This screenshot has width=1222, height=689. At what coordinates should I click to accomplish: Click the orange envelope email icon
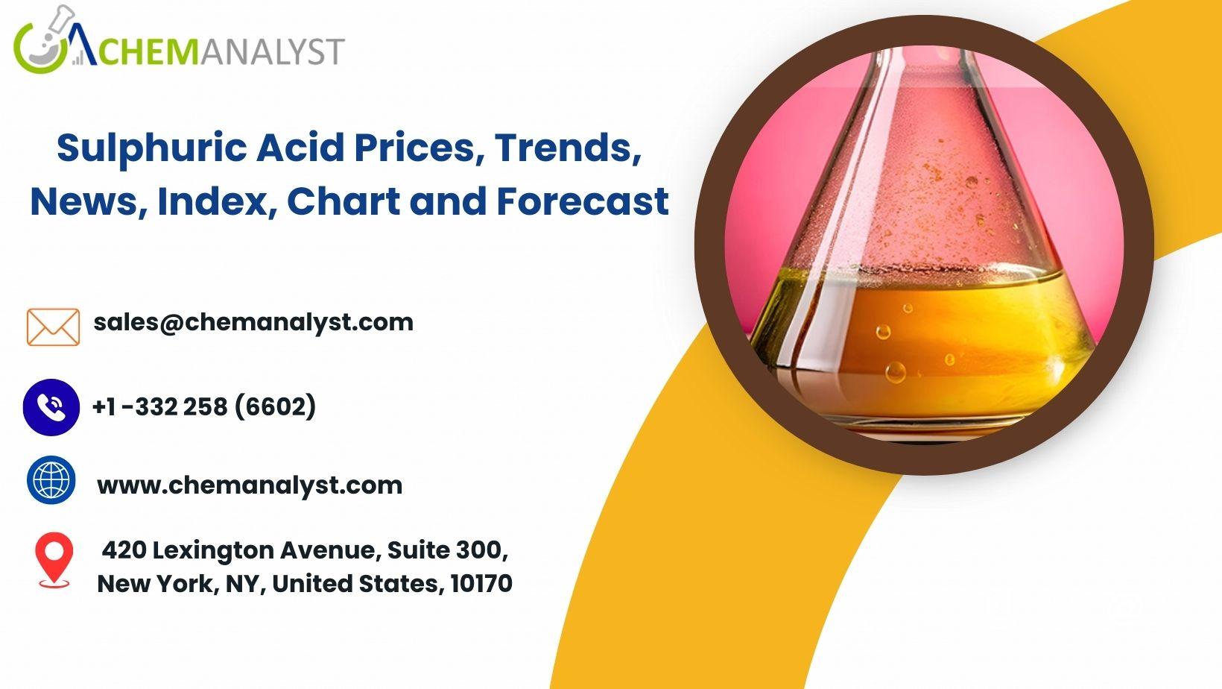[x=53, y=327]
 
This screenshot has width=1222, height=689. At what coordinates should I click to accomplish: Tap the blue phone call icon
[x=51, y=407]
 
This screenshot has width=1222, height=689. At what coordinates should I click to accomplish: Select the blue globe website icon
[x=51, y=480]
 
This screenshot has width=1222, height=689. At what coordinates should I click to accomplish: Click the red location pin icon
[x=54, y=560]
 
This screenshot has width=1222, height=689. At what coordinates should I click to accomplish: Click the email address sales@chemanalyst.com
[x=253, y=322]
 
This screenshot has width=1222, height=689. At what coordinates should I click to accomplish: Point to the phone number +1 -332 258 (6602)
[x=205, y=406]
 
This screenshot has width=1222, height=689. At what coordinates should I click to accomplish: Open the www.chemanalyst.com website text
[x=250, y=485]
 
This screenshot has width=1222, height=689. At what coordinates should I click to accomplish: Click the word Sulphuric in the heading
[x=152, y=148]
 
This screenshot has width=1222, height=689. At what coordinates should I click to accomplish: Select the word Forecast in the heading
[x=583, y=201]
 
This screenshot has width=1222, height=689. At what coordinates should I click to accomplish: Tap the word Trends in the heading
[x=568, y=148]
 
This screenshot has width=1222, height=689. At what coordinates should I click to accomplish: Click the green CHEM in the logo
[x=148, y=51]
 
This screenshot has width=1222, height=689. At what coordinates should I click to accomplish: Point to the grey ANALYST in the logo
[x=272, y=51]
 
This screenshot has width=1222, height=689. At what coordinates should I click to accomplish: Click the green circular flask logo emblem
[x=44, y=41]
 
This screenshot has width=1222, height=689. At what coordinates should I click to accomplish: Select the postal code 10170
[x=481, y=584]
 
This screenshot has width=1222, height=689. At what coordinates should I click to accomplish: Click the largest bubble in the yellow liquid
[x=895, y=372]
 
